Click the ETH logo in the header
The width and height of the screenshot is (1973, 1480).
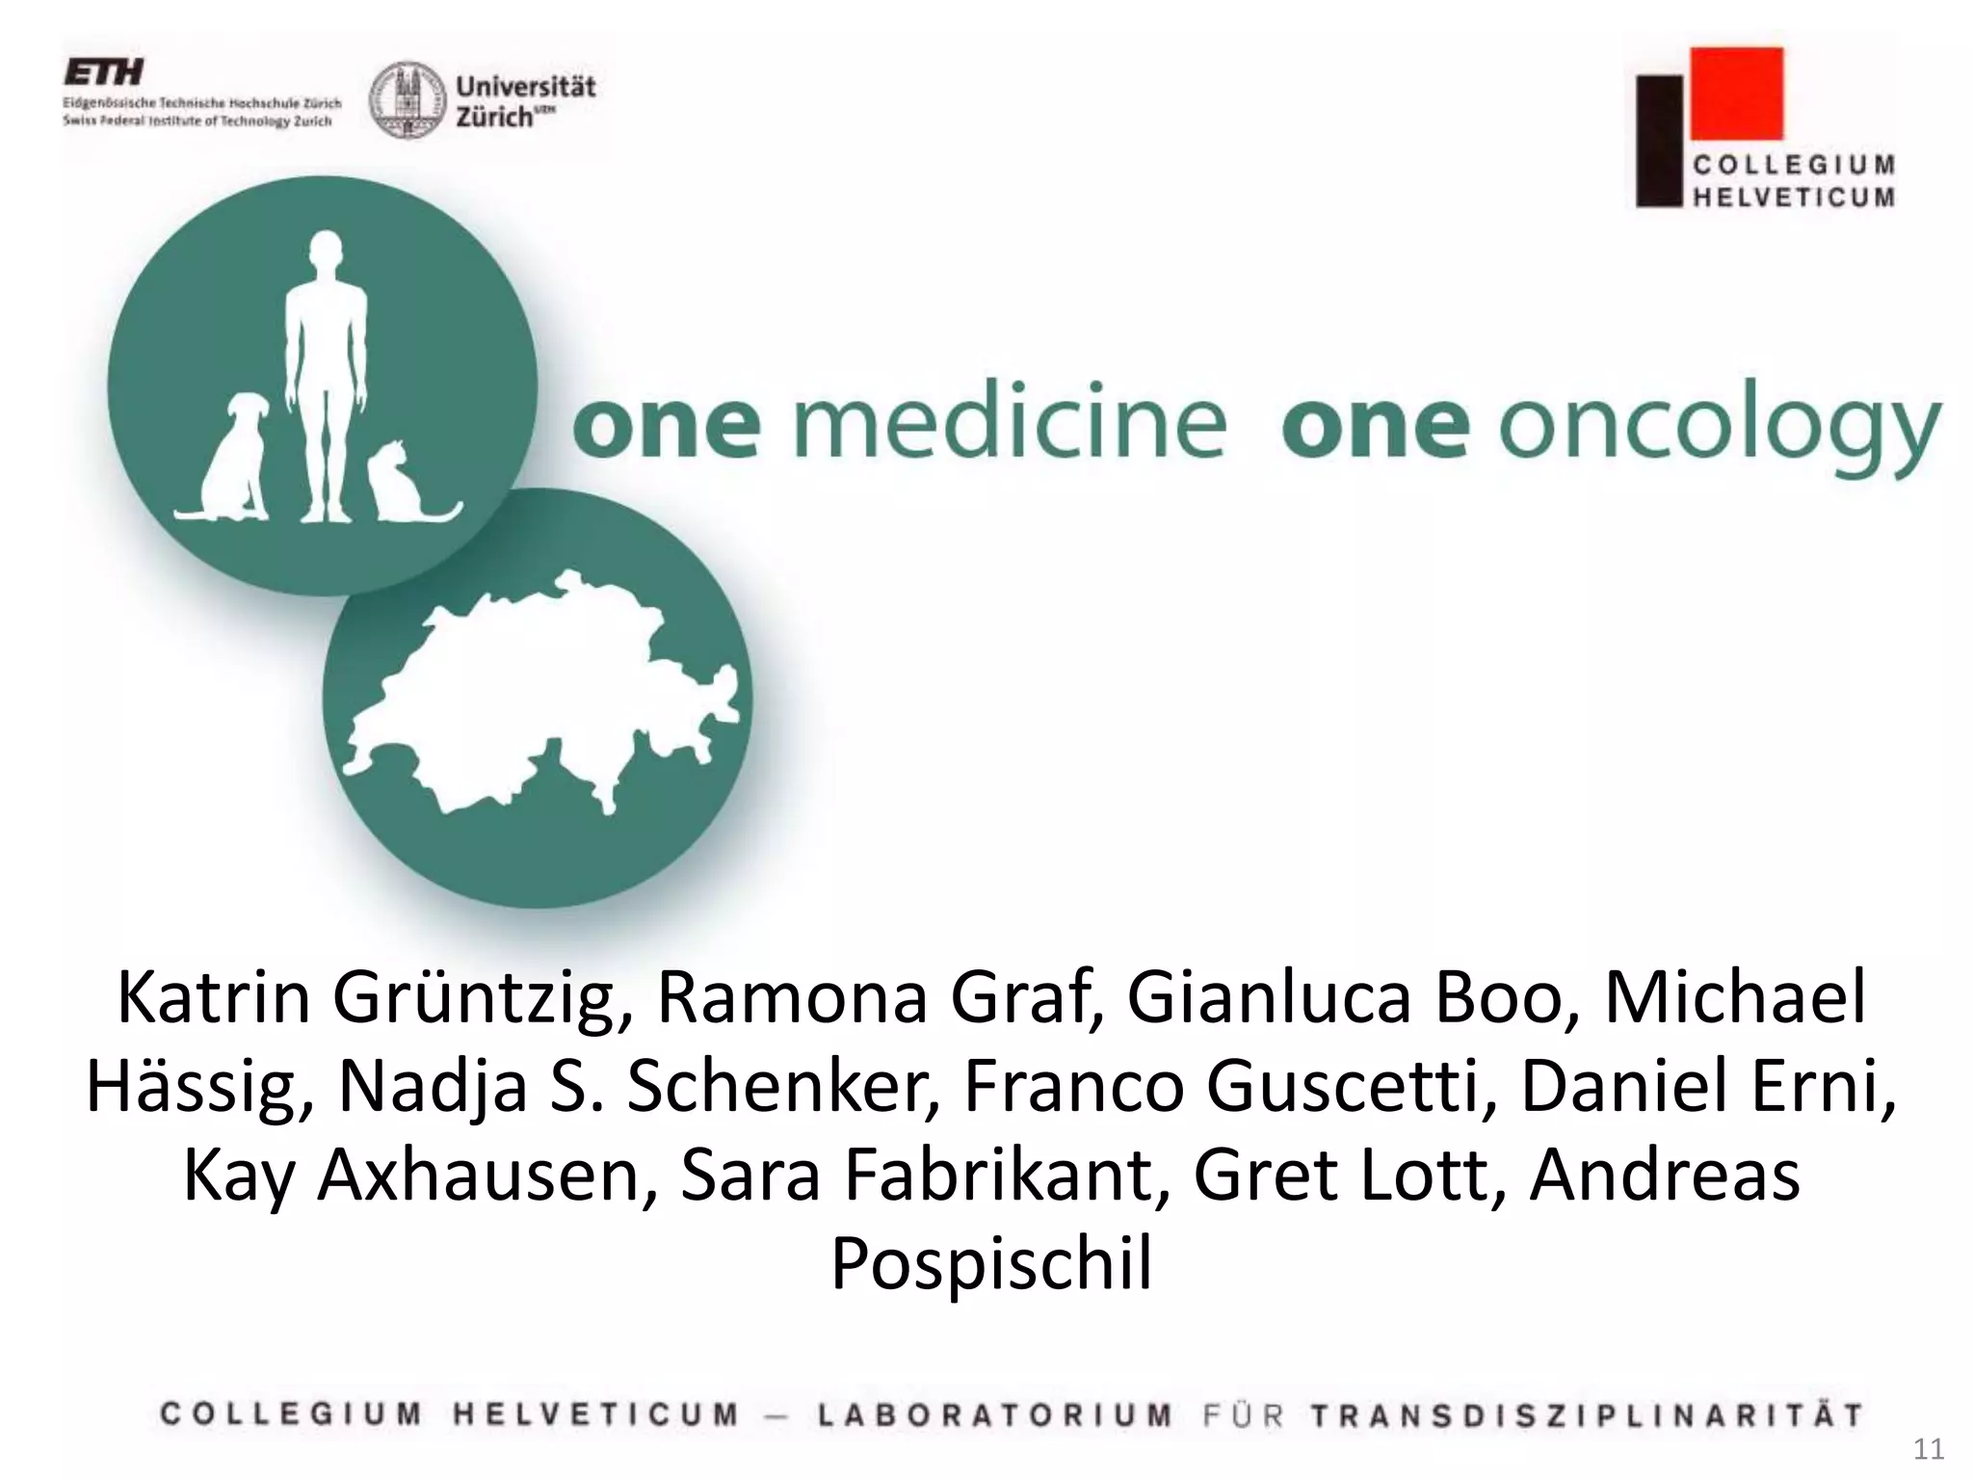[104, 72]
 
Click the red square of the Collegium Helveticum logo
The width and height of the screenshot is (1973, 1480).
[1737, 92]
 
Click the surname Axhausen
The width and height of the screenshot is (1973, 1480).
[480, 1176]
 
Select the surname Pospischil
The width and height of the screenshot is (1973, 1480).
[991, 1263]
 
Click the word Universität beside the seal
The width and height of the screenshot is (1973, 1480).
[525, 87]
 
